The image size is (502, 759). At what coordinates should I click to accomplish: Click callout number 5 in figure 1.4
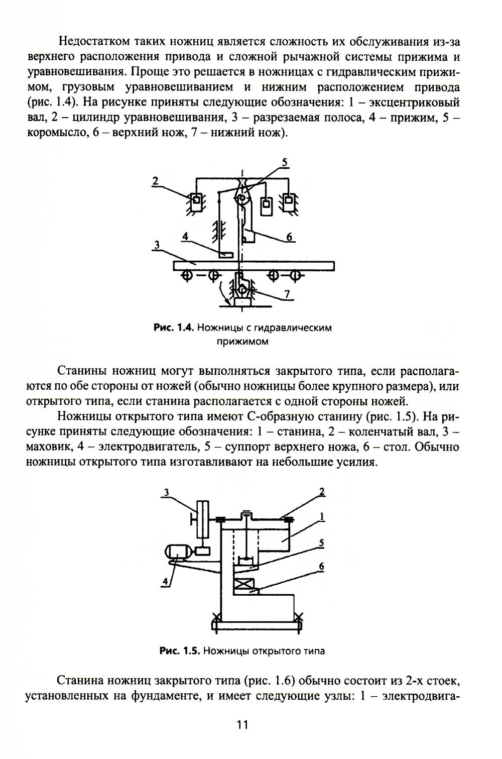(284, 162)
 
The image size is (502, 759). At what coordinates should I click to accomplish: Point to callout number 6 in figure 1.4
(290, 237)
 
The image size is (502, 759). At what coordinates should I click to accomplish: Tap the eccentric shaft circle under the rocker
(242, 200)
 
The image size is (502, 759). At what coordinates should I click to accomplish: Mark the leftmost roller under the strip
(187, 275)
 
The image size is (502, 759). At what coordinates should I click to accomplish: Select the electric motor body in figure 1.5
(176, 552)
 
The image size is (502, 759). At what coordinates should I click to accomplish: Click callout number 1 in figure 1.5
(321, 516)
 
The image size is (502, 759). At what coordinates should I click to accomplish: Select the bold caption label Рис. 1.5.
(179, 651)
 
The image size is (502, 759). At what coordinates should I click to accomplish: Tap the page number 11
(242, 724)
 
